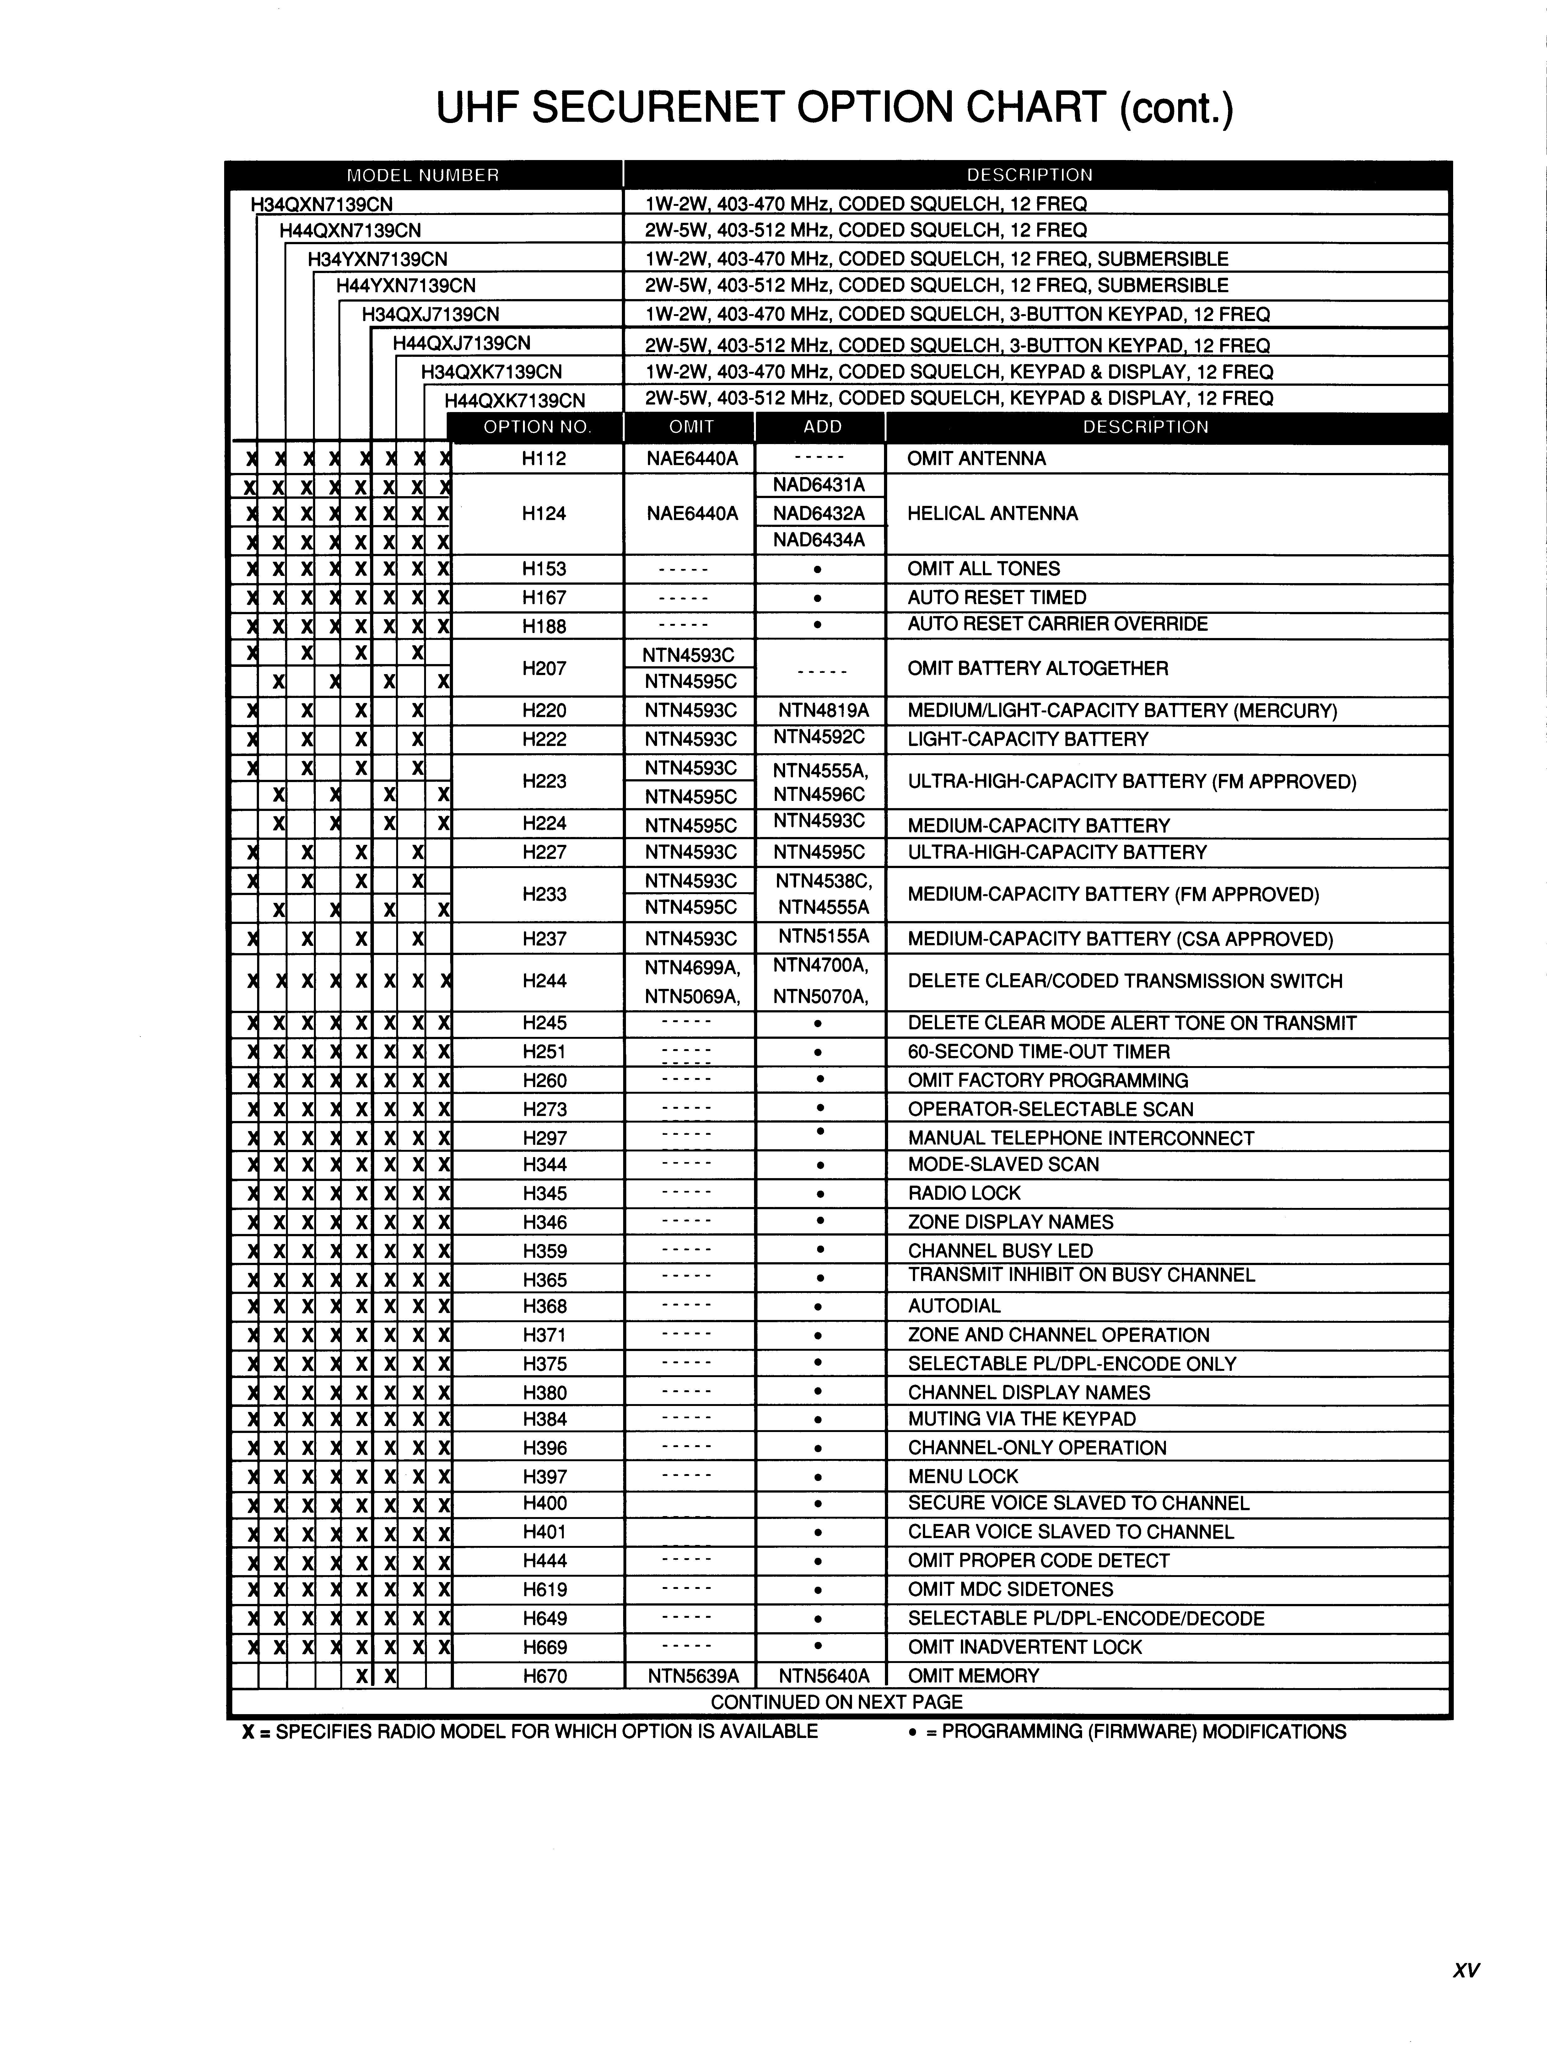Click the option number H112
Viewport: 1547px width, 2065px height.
point(544,459)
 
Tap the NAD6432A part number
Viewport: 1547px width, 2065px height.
point(819,512)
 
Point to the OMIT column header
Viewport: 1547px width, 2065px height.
point(691,426)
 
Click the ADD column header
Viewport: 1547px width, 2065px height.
point(822,426)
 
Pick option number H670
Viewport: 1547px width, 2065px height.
point(544,1676)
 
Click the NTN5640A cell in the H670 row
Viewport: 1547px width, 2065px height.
point(823,1676)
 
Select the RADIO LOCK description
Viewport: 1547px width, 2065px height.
point(964,1193)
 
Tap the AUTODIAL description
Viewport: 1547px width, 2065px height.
point(954,1306)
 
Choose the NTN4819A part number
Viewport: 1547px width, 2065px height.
point(823,711)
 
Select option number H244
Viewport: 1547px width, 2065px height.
point(544,980)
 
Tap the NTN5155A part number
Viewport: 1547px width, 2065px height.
point(823,936)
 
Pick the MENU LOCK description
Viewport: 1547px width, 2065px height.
point(962,1476)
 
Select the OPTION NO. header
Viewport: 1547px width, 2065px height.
point(537,426)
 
